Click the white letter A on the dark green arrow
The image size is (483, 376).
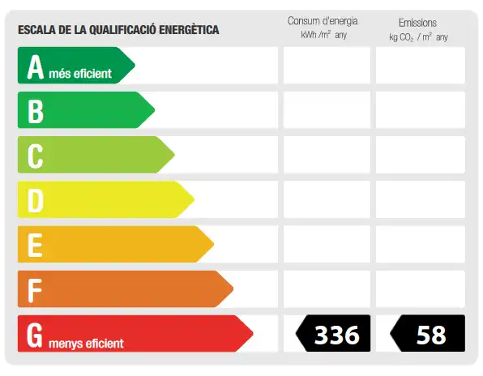tap(36, 67)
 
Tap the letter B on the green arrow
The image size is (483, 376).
tap(36, 112)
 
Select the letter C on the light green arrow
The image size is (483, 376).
tap(35, 156)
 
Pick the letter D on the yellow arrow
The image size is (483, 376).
tap(36, 201)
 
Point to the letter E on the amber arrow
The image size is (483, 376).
tap(35, 245)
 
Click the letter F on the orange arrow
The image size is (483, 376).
tap(35, 290)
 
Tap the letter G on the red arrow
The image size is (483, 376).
tap(35, 335)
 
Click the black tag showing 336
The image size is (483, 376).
tap(333, 333)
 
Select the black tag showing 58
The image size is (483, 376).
tap(428, 333)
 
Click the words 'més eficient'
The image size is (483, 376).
tap(80, 74)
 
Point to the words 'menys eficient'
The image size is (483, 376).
tap(86, 344)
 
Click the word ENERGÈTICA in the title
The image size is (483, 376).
tap(189, 29)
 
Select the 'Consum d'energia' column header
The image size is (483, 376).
tap(323, 21)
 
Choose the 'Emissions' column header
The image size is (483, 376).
tap(417, 23)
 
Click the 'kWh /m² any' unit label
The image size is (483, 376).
tap(323, 35)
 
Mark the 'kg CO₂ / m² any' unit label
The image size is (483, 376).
tap(418, 37)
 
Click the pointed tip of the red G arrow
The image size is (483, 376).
tap(253, 333)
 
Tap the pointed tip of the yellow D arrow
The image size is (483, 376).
tap(194, 199)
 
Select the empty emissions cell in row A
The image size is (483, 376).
tap(421, 66)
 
